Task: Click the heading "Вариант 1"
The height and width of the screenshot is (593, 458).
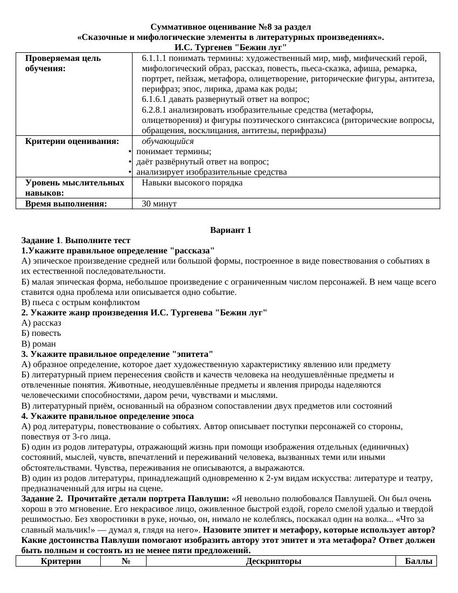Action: click(231, 230)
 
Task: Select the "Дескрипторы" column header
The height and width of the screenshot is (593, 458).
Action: click(273, 561)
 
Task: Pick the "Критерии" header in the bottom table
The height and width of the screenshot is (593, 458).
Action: click(61, 561)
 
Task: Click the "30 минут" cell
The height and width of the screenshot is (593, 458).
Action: click(159, 204)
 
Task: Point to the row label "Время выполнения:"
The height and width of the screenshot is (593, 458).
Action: click(66, 204)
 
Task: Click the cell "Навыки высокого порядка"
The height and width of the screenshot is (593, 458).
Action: click(192, 183)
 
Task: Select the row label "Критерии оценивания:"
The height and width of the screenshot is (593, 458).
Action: click(72, 141)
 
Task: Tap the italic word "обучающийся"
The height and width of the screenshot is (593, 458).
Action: click(168, 141)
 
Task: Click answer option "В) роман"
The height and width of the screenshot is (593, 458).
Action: click(39, 344)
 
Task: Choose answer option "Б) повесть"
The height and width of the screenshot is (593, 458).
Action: click(41, 333)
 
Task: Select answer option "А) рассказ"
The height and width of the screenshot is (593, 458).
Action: click(41, 323)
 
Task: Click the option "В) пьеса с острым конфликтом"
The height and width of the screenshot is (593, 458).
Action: click(81, 302)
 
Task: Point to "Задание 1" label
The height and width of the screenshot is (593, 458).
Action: click(41, 240)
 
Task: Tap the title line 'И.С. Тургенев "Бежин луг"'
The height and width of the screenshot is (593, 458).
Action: click(231, 47)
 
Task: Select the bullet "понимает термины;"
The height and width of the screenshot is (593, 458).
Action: click(174, 151)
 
